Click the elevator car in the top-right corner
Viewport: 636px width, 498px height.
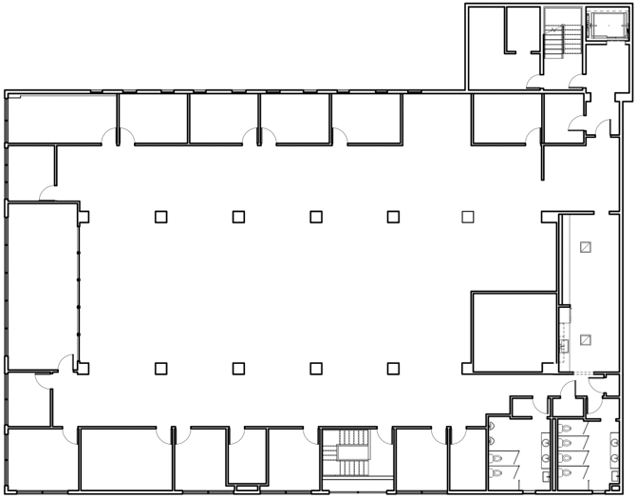click(602, 25)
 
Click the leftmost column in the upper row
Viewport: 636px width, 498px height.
click(161, 217)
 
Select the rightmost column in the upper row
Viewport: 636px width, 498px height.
click(467, 217)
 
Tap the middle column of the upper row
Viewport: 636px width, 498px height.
click(315, 217)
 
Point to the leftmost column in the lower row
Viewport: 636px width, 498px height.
click(161, 368)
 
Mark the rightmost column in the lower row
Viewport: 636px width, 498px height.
click(393, 368)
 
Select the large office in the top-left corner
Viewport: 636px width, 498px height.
click(55, 119)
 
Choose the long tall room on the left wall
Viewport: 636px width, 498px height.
click(42, 285)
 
